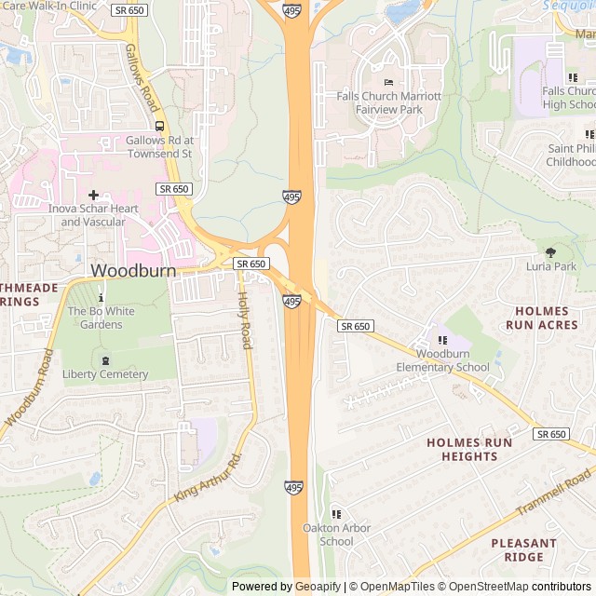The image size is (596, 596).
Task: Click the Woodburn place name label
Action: pyautogui.click(x=132, y=270)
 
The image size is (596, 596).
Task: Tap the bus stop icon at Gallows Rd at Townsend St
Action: pyautogui.click(x=159, y=126)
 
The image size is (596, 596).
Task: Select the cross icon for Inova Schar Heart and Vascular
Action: pyautogui.click(x=93, y=195)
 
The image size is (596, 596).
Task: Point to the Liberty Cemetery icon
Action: pyautogui.click(x=104, y=359)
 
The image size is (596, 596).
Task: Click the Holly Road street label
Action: pyautogui.click(x=244, y=320)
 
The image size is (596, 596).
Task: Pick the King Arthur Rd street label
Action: pyautogui.click(x=207, y=479)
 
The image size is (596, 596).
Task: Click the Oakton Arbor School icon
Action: pyautogui.click(x=336, y=514)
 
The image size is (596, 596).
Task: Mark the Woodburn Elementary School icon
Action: pyautogui.click(x=441, y=340)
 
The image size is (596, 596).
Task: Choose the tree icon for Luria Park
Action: pyautogui.click(x=550, y=251)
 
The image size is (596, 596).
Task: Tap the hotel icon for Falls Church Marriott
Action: pyautogui.click(x=388, y=84)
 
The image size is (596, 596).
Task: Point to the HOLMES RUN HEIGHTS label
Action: pyautogui.click(x=469, y=449)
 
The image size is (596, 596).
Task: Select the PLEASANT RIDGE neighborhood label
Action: pyautogui.click(x=523, y=549)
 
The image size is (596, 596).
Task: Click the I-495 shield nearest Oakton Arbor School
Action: pyautogui.click(x=293, y=486)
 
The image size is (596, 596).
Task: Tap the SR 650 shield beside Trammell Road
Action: pyautogui.click(x=551, y=434)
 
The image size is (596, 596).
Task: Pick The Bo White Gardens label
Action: pyautogui.click(x=94, y=318)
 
